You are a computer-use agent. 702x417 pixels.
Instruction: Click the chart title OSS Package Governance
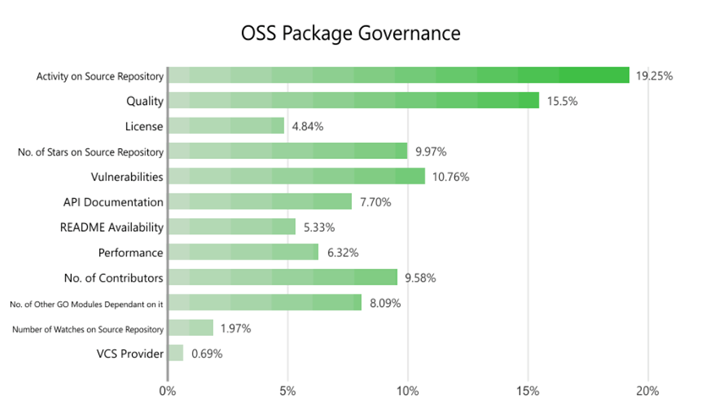click(350, 33)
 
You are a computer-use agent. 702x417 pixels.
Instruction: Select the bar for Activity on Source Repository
click(398, 75)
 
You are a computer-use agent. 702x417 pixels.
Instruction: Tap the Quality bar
click(353, 101)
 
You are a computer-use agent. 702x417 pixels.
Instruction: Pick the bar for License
click(226, 126)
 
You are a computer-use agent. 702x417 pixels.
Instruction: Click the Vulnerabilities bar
click(296, 176)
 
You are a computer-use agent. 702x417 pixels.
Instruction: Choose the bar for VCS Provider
click(175, 353)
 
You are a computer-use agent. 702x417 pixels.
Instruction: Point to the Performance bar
click(243, 252)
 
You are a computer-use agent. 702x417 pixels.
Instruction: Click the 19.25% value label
click(655, 76)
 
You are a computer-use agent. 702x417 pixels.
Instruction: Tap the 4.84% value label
click(308, 126)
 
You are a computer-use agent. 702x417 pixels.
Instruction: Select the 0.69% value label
click(206, 354)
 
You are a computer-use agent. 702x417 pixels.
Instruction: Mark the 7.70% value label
click(376, 201)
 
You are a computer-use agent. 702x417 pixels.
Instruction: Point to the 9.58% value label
click(421, 277)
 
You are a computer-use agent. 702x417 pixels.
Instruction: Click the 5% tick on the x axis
click(288, 392)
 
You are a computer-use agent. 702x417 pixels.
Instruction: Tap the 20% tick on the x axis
click(648, 392)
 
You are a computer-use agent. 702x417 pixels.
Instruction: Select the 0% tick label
click(167, 392)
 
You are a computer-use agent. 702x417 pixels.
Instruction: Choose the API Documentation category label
click(113, 202)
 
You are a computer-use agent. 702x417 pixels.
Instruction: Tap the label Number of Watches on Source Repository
click(88, 328)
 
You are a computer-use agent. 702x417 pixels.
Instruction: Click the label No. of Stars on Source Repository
click(90, 151)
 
